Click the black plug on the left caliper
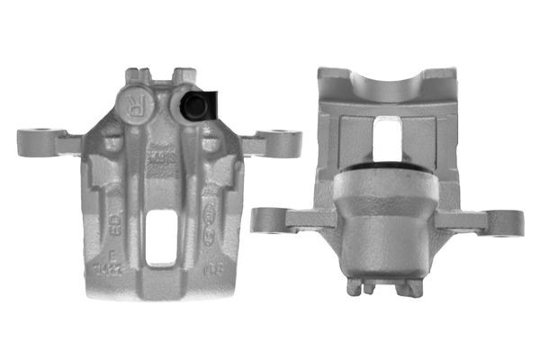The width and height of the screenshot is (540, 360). click(194, 106)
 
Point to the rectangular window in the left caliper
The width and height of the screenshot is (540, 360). click(162, 235)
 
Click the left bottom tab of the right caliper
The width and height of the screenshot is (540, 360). click(356, 287)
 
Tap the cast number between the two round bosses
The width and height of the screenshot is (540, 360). click(163, 157)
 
